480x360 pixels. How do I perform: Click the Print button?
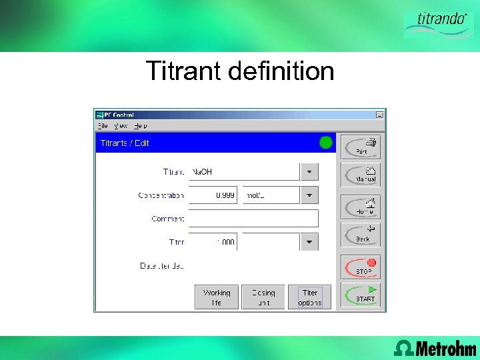coord(361,147)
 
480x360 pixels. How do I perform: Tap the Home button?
coord(361,207)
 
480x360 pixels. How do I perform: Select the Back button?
coord(361,234)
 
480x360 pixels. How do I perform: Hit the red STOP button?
coord(361,267)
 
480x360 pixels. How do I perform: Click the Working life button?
coord(217,297)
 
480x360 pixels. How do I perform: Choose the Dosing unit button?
coord(263,297)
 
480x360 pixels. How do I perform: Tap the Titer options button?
coord(310,297)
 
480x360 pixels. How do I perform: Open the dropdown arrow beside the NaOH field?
coord(309,172)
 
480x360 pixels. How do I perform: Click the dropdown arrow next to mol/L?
coord(309,195)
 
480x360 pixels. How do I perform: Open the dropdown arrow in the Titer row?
coord(309,242)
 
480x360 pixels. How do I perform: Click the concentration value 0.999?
coord(213,195)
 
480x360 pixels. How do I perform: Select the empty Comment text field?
coord(253,219)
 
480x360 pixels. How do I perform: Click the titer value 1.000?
coord(213,242)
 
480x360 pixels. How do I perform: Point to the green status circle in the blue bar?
coord(326,143)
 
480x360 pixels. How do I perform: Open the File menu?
coord(103,125)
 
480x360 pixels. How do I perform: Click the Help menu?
coord(140,125)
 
